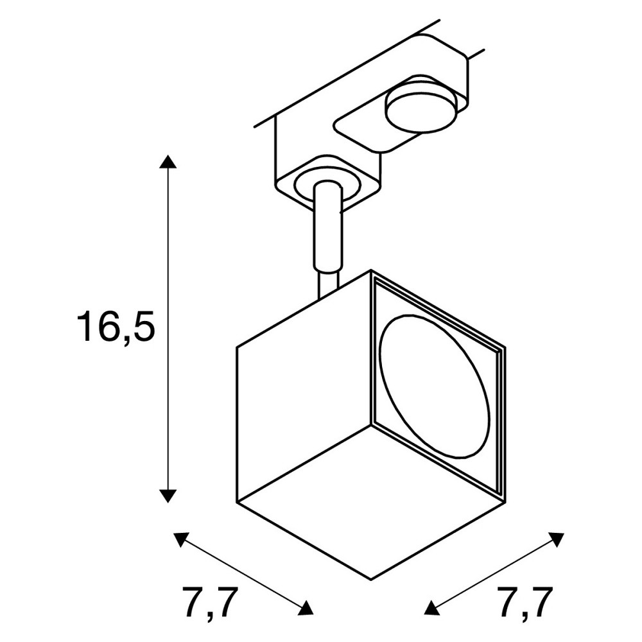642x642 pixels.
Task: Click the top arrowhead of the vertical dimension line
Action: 168,162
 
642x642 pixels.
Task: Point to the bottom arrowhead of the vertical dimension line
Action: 168,496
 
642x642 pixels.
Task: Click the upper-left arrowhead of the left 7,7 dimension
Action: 182,540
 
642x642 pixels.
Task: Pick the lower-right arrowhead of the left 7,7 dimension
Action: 305,607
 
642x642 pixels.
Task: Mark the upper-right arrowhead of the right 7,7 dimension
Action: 555,540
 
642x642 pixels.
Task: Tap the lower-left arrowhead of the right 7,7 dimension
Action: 432,607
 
